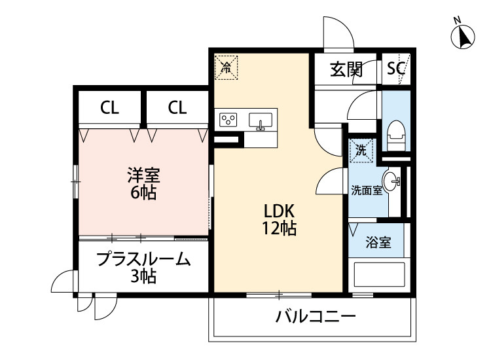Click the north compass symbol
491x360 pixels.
[464, 36]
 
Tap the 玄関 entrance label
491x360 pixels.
[346, 69]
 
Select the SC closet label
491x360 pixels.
[396, 69]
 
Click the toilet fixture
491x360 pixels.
[395, 135]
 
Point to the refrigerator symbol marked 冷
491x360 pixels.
[226, 65]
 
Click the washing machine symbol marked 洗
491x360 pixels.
[361, 150]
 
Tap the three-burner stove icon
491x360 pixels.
[228, 120]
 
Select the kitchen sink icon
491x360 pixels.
[261, 121]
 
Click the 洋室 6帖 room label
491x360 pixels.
[142, 184]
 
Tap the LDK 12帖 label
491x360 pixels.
[280, 219]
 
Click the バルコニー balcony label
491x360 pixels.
[316, 318]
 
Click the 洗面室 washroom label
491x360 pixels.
[366, 191]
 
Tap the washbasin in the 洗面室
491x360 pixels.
[392, 181]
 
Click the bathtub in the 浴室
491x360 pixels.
[379, 273]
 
